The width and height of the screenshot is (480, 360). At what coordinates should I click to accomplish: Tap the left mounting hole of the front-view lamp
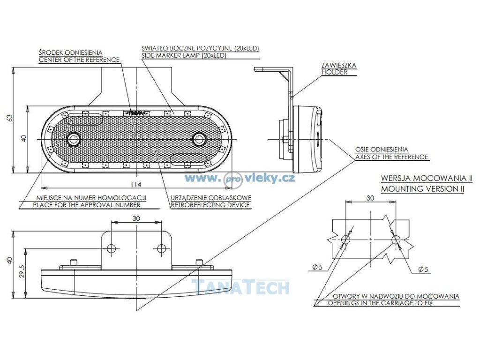pyautogui.click(x=73, y=139)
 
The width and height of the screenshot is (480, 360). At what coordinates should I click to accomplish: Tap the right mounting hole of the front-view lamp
pyautogui.click(x=199, y=139)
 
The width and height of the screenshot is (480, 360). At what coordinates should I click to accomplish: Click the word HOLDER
pyautogui.click(x=334, y=72)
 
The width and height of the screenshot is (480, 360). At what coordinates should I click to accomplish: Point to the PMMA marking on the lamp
pyautogui.click(x=135, y=112)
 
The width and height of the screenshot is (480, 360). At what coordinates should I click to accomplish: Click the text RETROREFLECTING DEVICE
pyautogui.click(x=210, y=205)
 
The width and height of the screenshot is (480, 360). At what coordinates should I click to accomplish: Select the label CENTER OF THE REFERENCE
pyautogui.click(x=79, y=60)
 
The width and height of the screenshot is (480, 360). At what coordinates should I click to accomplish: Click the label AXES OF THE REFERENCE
pyautogui.click(x=391, y=157)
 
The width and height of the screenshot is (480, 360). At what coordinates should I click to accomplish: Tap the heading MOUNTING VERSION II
pyautogui.click(x=422, y=188)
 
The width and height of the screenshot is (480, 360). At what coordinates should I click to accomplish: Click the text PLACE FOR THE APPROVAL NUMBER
pyautogui.click(x=87, y=205)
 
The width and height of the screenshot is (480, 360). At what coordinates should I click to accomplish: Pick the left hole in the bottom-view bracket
pyautogui.click(x=111, y=248)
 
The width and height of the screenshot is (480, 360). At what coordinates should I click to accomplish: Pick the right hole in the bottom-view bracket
pyautogui.click(x=161, y=248)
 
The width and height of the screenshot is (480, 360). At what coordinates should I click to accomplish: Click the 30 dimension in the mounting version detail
pyautogui.click(x=370, y=198)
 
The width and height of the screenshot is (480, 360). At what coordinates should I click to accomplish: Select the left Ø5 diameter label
pyautogui.click(x=316, y=268)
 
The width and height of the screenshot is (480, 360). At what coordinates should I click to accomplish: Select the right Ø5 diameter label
pyautogui.click(x=422, y=269)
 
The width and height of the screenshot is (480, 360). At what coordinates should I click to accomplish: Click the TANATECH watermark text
pyautogui.click(x=240, y=287)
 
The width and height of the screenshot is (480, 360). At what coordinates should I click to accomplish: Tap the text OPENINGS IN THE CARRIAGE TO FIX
pyautogui.click(x=380, y=303)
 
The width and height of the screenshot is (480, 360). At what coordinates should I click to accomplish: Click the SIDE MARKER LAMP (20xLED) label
pyautogui.click(x=184, y=55)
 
